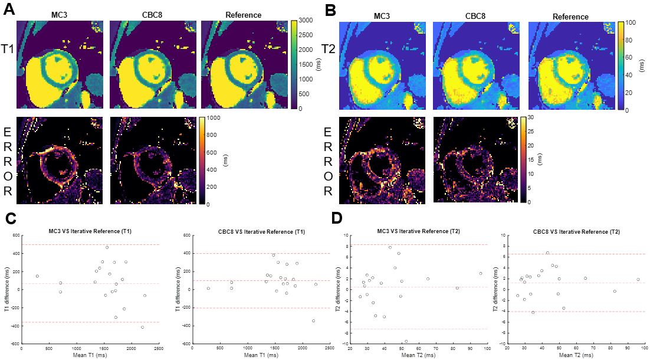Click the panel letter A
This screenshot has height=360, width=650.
9,10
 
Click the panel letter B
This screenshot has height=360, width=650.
331,10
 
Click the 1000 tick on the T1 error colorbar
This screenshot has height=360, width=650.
215,118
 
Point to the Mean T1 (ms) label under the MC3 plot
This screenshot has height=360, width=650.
90,355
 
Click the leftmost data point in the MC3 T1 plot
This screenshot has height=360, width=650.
37,276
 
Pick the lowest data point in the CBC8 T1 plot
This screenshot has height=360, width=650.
313,321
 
